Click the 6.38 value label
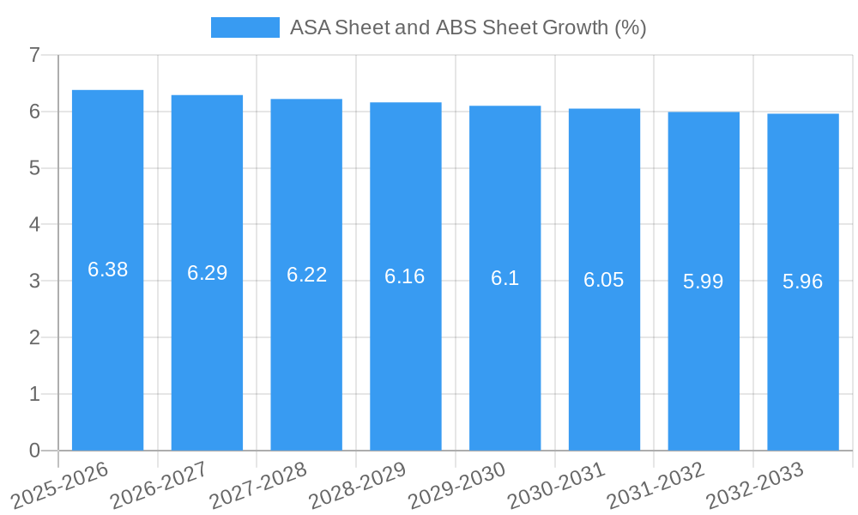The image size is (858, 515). click(108, 270)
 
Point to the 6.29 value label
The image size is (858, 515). click(208, 273)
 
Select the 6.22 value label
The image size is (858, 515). click(306, 275)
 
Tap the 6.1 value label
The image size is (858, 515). click(505, 278)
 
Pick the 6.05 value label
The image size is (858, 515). click(604, 280)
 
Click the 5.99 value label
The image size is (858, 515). click(704, 282)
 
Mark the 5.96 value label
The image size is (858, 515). click(803, 282)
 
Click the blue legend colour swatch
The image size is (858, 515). click(245, 27)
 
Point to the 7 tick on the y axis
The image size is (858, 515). click(34, 56)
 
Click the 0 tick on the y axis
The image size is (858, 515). click(34, 451)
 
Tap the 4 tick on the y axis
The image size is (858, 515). click(34, 225)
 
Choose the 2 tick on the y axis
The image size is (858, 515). click(34, 338)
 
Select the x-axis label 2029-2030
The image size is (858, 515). click(457, 484)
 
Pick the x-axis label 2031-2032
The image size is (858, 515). click(656, 484)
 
